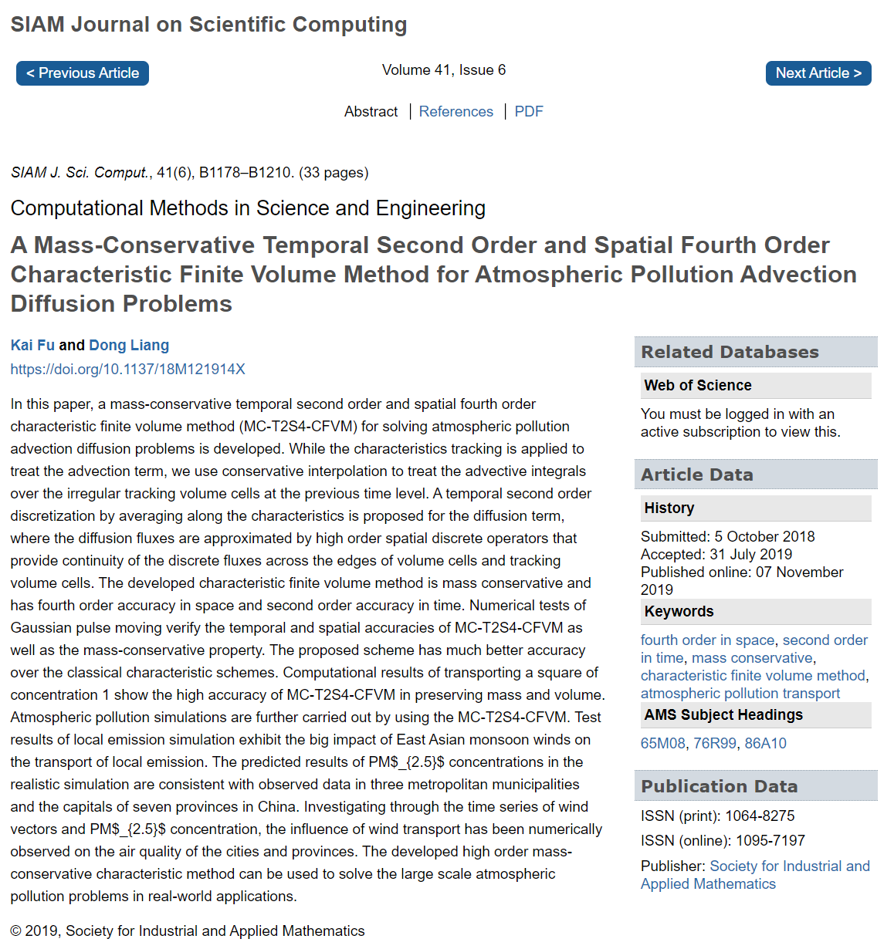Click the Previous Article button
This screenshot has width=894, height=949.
(x=83, y=73)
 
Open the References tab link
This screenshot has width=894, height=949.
(x=455, y=112)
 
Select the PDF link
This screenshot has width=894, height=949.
(x=529, y=112)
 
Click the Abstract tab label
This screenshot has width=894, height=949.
(x=371, y=112)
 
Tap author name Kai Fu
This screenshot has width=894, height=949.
(x=32, y=345)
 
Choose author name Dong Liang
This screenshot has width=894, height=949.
(x=129, y=345)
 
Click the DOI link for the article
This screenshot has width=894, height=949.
(x=127, y=369)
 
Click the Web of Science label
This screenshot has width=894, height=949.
(x=697, y=385)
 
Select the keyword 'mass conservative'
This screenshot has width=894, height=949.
(x=752, y=657)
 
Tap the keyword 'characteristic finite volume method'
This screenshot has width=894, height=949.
(x=753, y=675)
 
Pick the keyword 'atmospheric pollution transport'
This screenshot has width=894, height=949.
(x=740, y=693)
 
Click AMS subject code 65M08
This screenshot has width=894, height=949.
(x=662, y=743)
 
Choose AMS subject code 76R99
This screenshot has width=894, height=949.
(x=715, y=743)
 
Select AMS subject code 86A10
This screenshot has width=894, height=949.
(x=765, y=743)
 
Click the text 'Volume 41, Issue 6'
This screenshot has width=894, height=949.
(x=444, y=70)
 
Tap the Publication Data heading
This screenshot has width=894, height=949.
(x=719, y=786)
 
